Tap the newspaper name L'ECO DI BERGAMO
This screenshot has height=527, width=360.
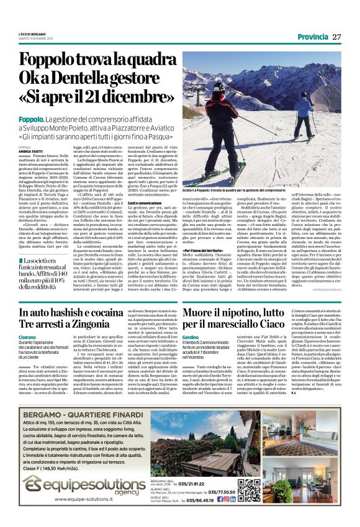pos(32,34)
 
